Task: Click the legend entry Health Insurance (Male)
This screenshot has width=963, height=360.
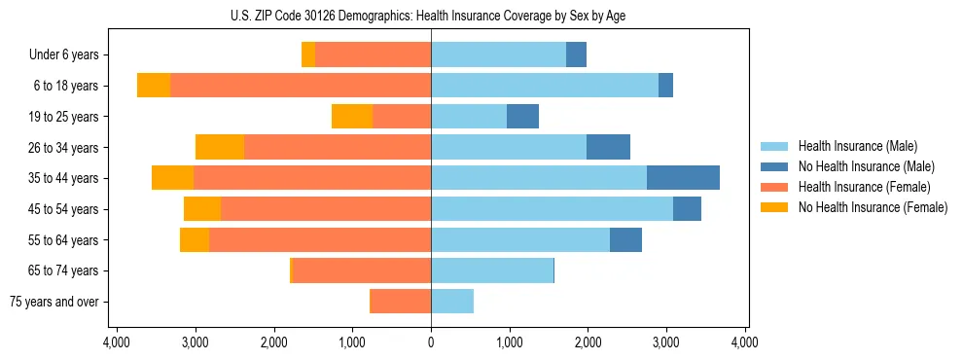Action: (x=857, y=146)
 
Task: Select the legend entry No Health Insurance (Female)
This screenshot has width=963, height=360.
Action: (x=872, y=207)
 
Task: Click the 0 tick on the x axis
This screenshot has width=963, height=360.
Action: (x=431, y=342)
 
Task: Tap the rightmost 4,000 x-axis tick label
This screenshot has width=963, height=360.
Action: (x=745, y=342)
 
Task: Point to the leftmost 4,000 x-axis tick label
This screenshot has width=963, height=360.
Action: (x=117, y=342)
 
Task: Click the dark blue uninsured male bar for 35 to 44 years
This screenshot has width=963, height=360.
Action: (x=683, y=178)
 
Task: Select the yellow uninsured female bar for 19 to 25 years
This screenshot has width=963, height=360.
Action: (x=352, y=117)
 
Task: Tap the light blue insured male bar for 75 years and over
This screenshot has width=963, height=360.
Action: (x=452, y=302)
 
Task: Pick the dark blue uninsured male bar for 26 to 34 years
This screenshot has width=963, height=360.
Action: (x=608, y=147)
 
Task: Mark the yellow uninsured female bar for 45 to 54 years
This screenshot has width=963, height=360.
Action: (x=202, y=209)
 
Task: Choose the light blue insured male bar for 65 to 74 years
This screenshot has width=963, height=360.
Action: (x=492, y=270)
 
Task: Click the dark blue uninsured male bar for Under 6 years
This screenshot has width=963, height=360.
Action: (x=576, y=55)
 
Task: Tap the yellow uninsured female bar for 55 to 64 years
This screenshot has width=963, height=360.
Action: (x=195, y=239)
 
